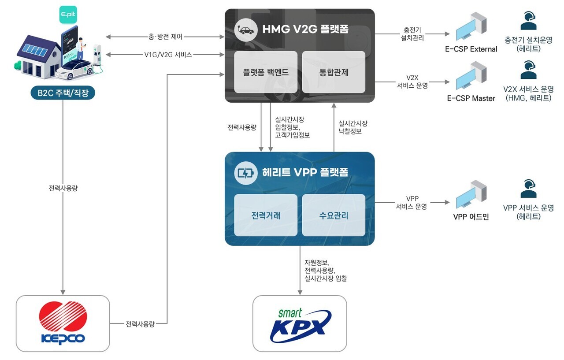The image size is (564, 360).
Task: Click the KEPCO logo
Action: (63, 323)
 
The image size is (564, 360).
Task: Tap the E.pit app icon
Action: (67, 15)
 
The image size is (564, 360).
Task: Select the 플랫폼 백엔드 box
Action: (266, 72)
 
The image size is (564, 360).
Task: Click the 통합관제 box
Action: (334, 72)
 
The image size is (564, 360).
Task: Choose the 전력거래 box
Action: (266, 215)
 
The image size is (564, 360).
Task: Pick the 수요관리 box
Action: (334, 215)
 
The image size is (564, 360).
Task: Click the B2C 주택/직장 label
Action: (63, 93)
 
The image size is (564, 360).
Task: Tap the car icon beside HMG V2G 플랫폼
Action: (246, 30)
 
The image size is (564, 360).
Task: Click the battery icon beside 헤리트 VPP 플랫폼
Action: (246, 173)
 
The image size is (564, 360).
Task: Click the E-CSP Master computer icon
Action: (471, 78)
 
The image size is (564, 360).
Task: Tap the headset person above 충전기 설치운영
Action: (528, 20)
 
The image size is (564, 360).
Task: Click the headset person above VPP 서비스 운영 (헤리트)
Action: (528, 189)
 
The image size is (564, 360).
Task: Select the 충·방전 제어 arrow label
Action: (165, 37)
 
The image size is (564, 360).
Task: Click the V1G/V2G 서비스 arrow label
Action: (165, 55)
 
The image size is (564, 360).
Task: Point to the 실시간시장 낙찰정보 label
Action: (352, 127)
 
